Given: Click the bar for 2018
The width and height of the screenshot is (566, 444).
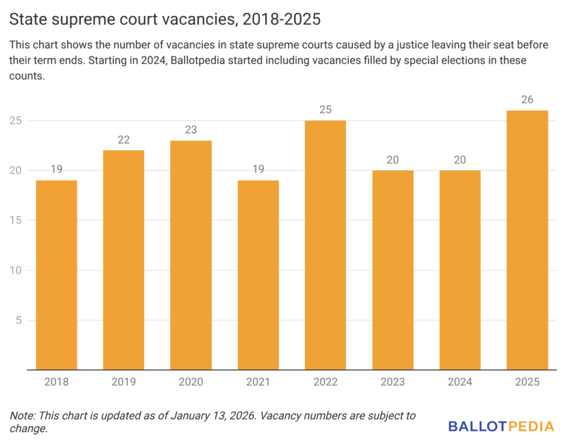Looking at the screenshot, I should click(x=56, y=275).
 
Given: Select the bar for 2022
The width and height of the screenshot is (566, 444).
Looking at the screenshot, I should click(x=325, y=245).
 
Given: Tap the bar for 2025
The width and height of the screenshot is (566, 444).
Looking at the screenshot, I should click(x=527, y=240).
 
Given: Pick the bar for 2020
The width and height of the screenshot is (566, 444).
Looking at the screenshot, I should click(x=191, y=255).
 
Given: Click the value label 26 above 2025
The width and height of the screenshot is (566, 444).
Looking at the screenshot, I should click(x=527, y=100).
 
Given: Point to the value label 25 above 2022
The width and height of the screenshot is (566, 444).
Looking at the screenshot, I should click(x=325, y=109).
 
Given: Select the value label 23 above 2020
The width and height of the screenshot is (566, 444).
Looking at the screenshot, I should click(x=191, y=129).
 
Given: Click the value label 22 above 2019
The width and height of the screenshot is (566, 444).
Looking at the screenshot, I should click(x=124, y=139).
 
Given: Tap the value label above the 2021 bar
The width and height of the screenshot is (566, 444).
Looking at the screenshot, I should click(x=258, y=169).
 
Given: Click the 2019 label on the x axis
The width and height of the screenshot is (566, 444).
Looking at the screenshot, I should click(x=124, y=382).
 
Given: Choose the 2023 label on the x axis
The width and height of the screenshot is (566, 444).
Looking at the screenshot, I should click(x=392, y=382).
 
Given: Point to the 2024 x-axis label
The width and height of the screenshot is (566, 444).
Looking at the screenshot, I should click(x=460, y=382).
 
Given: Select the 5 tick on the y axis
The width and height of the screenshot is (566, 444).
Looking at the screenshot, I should click(x=18, y=320).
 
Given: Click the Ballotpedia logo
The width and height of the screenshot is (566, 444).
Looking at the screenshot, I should click(x=501, y=426).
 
